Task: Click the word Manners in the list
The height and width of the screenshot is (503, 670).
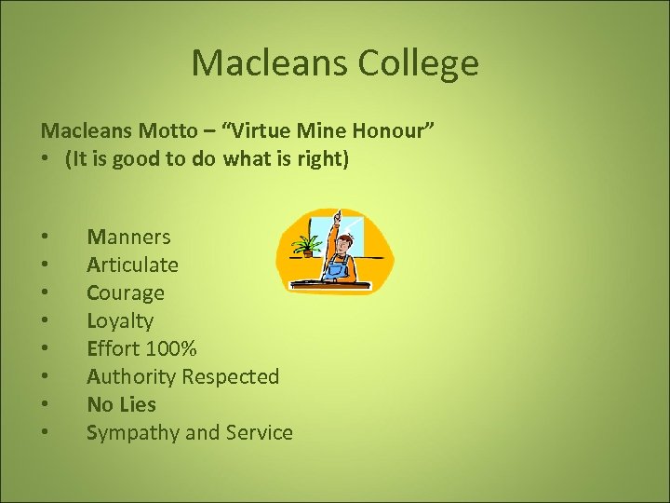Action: click(x=128, y=237)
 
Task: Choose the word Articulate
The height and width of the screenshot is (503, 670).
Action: click(x=132, y=265)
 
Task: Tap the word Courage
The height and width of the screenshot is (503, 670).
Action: click(x=126, y=292)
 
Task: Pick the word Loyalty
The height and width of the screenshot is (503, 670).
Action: click(x=120, y=320)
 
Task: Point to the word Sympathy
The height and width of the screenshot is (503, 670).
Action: click(x=128, y=433)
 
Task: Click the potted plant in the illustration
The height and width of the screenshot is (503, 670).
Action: click(x=305, y=245)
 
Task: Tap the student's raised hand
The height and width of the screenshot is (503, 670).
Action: click(x=341, y=219)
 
